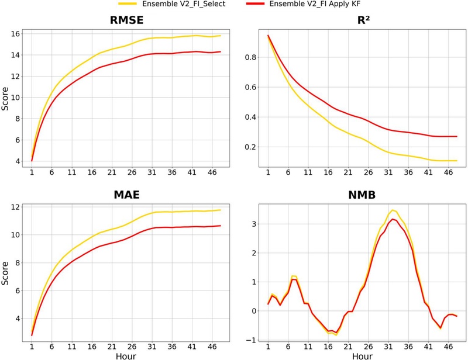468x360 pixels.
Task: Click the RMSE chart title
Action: (126, 20)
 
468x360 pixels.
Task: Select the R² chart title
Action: (363, 20)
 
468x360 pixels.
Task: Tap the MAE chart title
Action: (126, 195)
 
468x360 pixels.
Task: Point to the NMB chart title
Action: (362, 195)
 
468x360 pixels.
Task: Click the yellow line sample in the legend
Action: (128, 4)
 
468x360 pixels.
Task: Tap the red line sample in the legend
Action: (254, 4)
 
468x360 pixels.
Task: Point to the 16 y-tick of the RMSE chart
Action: (15, 34)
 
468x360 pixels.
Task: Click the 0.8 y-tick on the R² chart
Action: (251, 57)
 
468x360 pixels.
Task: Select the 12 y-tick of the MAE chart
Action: (15, 207)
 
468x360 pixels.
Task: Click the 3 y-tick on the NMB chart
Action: (254, 224)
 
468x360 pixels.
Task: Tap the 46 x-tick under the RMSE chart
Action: (212, 172)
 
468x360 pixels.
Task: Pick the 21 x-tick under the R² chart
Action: (348, 172)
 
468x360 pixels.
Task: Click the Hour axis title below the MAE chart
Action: (126, 356)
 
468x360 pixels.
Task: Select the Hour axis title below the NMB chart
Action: (362, 356)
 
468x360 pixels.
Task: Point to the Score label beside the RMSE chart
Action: (5, 99)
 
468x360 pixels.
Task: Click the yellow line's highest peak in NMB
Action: (393, 210)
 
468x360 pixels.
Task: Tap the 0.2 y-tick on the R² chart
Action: (251, 147)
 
